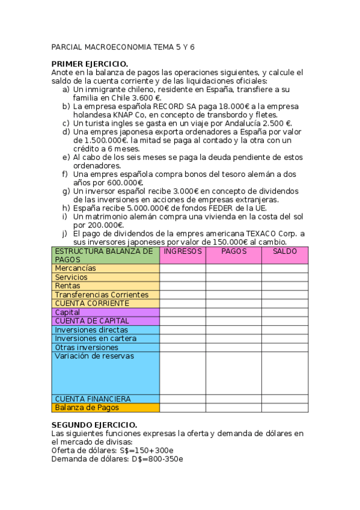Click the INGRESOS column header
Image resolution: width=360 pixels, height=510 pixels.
click(x=183, y=251)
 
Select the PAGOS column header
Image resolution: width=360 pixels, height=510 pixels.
click(x=234, y=251)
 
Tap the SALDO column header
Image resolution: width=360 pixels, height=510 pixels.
click(x=285, y=251)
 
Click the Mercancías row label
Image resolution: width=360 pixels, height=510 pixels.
click(x=75, y=268)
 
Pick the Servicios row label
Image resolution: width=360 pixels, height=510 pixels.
click(x=71, y=277)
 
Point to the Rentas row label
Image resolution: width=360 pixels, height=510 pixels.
click(x=67, y=286)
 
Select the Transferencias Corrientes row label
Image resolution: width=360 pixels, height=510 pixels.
click(x=101, y=295)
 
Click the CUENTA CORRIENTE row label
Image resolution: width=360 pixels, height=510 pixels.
click(x=88, y=303)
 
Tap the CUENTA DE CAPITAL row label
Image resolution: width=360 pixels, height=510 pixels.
click(x=91, y=321)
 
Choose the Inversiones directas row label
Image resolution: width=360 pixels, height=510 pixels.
click(x=91, y=330)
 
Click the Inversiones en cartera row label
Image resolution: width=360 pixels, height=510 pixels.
click(x=95, y=339)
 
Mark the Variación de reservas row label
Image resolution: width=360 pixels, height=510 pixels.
click(x=94, y=356)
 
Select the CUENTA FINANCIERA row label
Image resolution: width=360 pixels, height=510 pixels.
click(x=93, y=399)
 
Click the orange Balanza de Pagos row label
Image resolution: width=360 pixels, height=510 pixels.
click(x=87, y=407)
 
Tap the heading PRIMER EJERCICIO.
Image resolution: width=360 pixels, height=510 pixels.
click(x=90, y=64)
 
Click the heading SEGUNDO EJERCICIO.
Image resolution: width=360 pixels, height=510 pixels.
click(x=94, y=425)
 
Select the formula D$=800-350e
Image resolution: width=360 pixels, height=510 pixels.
click(x=152, y=459)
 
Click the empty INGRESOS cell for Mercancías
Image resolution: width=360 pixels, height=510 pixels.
click(x=183, y=268)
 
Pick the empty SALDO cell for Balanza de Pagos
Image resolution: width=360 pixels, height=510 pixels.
click(x=285, y=407)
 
